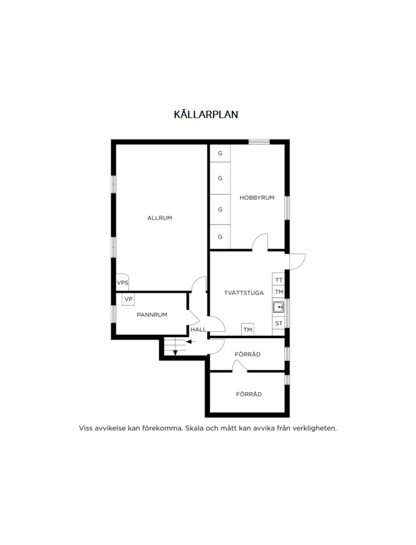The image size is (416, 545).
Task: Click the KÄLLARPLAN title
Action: (206, 114)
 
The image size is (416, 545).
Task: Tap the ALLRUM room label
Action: (159, 218)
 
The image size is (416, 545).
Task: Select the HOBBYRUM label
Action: (257, 198)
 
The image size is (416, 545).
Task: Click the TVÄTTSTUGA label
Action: (244, 293)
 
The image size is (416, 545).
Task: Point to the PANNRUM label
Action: (152, 315)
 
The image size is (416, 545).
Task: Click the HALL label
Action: (198, 329)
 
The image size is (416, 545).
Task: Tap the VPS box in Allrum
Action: (123, 282)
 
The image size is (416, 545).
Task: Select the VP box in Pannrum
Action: (128, 299)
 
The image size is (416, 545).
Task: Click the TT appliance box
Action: (278, 279)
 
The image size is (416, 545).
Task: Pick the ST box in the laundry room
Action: (278, 323)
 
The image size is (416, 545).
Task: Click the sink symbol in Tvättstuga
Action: (278, 307)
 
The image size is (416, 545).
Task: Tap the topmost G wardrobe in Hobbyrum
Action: (220, 154)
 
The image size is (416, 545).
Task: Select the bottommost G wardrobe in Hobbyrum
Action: (220, 237)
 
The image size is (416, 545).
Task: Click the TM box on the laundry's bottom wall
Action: (248, 329)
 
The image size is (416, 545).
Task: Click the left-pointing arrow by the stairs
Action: (191, 342)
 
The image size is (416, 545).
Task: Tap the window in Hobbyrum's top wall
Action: (259, 142)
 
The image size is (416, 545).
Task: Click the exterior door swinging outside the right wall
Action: (297, 261)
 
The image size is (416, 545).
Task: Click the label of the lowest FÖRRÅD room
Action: (249, 394)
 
